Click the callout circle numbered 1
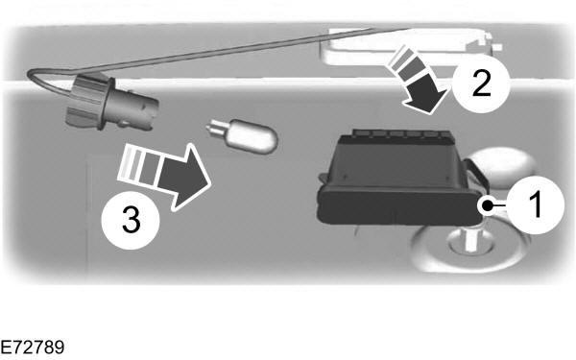[x=536, y=204]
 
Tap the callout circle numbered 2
[x=481, y=84]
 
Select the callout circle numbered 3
[x=131, y=221]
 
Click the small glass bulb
[x=242, y=135]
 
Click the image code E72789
[x=33, y=348]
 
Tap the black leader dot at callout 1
[x=488, y=205]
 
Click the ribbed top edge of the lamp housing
[x=401, y=133]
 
